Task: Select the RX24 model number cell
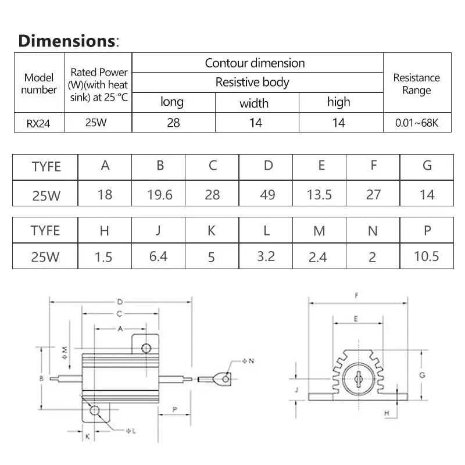[x=38, y=123]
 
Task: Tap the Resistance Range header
[x=417, y=84]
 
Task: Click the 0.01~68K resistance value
[x=417, y=123]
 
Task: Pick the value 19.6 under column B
[x=160, y=194]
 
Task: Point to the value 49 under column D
[x=267, y=194]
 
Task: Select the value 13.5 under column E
[x=319, y=194]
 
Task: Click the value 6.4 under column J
[x=158, y=256]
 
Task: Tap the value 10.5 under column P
[x=426, y=256]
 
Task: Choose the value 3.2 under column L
[x=266, y=256]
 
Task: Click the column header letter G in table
[x=427, y=166]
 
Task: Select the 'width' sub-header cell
[x=254, y=103]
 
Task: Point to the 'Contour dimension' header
[x=255, y=63]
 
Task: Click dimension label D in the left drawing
[x=120, y=302]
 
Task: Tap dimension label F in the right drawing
[x=356, y=295]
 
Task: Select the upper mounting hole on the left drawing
[x=146, y=348]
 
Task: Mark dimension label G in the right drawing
[x=423, y=375]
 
